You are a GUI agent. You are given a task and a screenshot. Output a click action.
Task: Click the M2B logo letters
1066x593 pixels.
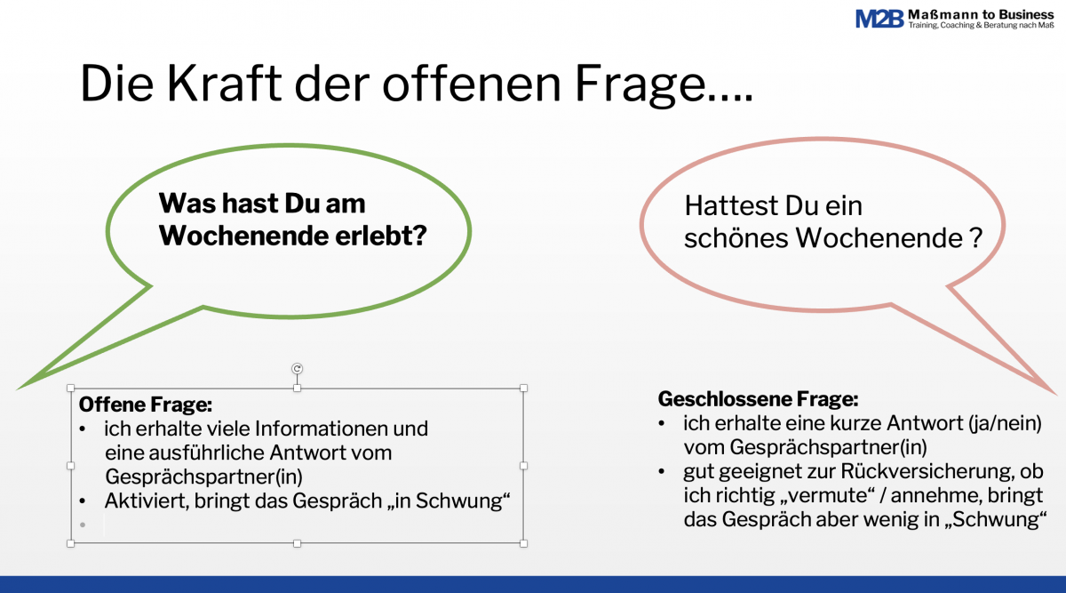[879, 19]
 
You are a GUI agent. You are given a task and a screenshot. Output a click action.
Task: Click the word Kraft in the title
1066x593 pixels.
[224, 84]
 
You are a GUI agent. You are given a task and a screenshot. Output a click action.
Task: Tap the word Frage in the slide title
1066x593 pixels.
[640, 85]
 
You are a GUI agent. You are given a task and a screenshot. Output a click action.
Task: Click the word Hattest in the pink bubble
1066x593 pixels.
[731, 205]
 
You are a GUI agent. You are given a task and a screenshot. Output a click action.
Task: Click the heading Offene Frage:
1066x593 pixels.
[145, 405]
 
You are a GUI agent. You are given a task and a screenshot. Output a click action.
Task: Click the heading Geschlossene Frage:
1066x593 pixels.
[758, 399]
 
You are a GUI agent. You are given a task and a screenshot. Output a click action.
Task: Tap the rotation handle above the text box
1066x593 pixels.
[297, 369]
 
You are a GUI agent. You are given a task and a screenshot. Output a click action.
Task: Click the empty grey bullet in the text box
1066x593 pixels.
[83, 525]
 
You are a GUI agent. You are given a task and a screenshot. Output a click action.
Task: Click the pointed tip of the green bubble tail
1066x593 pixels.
[18, 389]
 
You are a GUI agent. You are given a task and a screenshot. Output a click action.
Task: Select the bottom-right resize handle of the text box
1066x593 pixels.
[523, 543]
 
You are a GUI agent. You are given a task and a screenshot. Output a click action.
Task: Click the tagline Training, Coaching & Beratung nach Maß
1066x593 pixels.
[981, 25]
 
